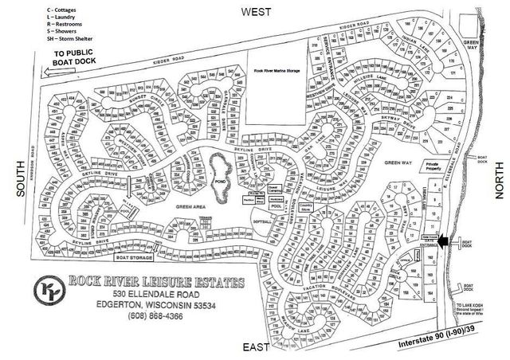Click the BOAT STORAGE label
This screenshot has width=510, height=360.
(135, 257)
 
